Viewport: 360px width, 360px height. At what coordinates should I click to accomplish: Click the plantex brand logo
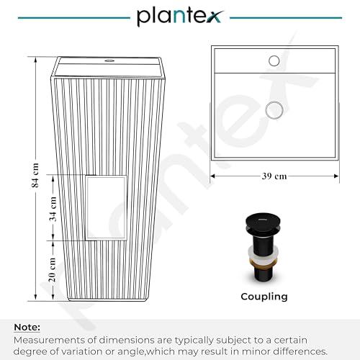[180, 16]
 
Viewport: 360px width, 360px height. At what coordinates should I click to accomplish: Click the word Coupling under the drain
[264, 296]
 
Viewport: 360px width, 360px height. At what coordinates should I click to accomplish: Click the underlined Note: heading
[27, 326]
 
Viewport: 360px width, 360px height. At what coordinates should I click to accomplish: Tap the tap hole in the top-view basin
[274, 61]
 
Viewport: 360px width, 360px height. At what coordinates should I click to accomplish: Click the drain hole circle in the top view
[274, 109]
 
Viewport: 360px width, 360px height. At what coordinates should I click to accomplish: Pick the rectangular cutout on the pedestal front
[106, 209]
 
